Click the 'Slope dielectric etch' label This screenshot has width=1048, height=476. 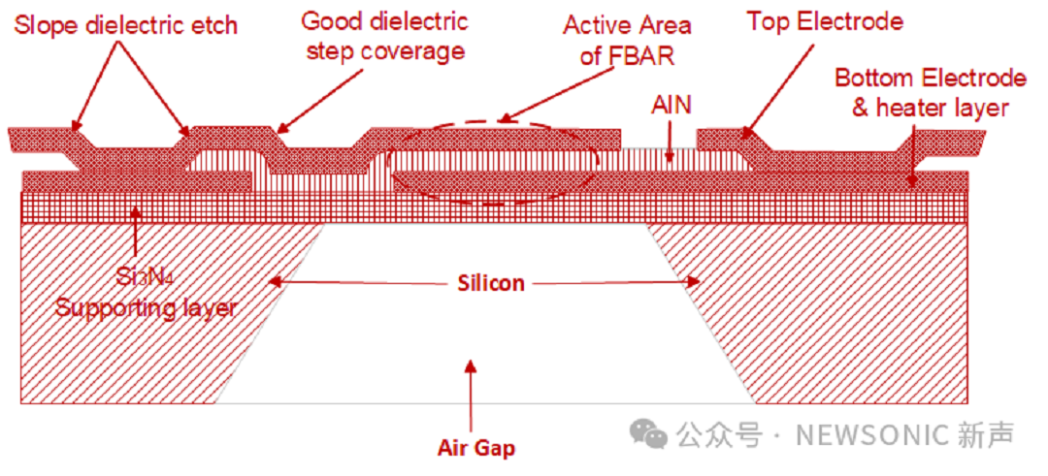click(x=126, y=23)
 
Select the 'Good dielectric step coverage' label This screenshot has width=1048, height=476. click(x=385, y=36)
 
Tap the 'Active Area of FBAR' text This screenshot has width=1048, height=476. click(x=627, y=40)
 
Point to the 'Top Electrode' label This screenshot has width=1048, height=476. click(x=825, y=20)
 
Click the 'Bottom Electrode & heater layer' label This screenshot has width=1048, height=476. click(x=930, y=93)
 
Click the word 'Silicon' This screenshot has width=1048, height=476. click(x=491, y=283)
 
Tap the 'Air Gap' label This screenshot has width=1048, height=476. click(x=475, y=448)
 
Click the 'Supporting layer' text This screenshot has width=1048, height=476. click(x=146, y=308)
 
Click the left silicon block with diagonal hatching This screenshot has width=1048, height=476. click(x=146, y=339)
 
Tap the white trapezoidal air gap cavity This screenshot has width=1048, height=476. click(x=485, y=339)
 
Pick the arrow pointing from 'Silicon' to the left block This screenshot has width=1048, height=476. click(x=359, y=283)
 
